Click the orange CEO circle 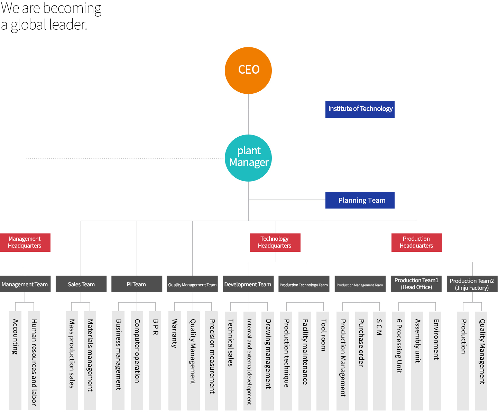coord(248,70)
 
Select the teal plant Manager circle coord(248,158)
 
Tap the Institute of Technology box coord(360,110)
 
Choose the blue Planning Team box coord(360,200)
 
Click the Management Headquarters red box coord(25,242)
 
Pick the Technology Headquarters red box coord(275,242)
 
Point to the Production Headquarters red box coord(416,242)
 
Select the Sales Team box coord(81,284)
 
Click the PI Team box coord(137,284)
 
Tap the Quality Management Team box coord(192,284)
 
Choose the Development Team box coord(248,284)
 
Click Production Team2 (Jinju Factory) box coord(472,284)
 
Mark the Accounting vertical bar coord(15,360)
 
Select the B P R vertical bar coord(155,360)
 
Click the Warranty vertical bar coord(175,360)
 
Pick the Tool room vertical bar coord(322,361)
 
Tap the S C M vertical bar coord(379,361)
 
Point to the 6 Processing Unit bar coord(398,361)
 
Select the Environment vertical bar coord(435,361)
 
